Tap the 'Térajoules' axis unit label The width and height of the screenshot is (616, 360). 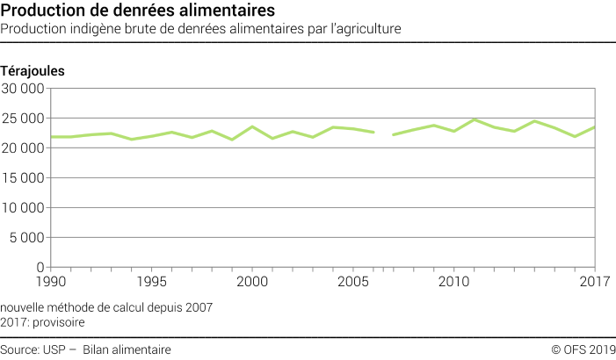33,69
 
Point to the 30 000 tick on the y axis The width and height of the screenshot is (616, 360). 23,89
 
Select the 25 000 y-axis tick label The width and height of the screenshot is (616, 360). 23,119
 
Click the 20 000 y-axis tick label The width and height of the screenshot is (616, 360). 23,148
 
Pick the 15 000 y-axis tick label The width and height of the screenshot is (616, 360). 23,178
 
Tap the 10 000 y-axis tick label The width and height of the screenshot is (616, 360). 23,208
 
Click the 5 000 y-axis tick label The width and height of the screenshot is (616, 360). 26,238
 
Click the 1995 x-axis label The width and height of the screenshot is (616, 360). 151,281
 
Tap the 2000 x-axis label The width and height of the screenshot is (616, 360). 252,281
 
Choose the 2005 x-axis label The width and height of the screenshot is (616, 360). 353,281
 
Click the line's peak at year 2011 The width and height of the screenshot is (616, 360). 475,119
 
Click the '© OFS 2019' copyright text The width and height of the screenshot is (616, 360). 583,349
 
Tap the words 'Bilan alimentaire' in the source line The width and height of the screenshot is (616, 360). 127,349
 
